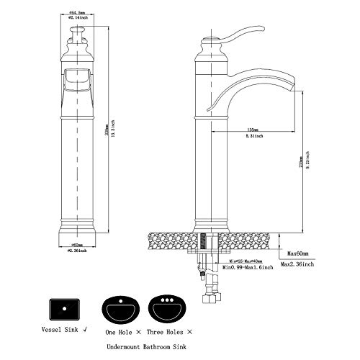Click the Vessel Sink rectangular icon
click(67, 310)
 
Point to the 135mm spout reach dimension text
click(253, 130)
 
